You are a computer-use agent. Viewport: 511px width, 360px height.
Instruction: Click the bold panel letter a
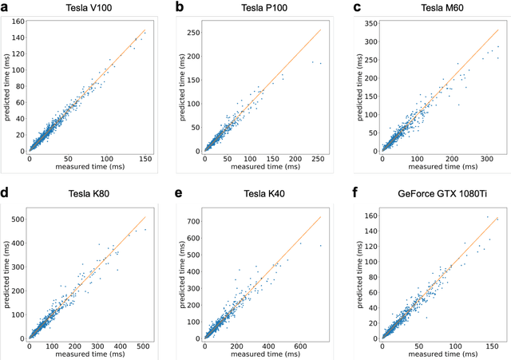6,7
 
